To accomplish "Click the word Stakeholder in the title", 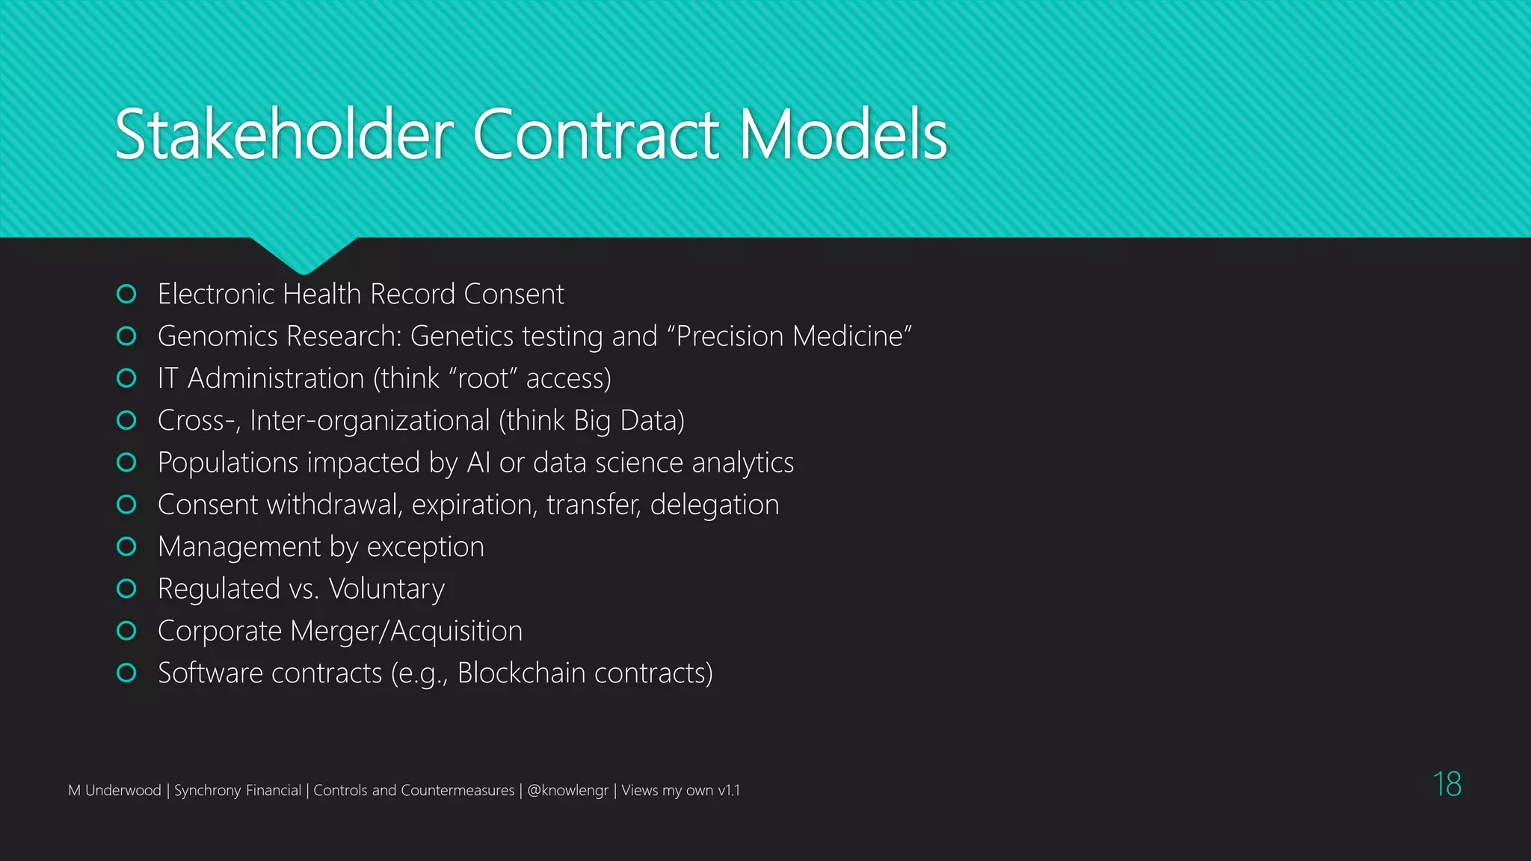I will pos(284,135).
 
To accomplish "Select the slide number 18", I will pos(1447,785).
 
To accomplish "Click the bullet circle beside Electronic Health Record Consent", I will pos(127,294).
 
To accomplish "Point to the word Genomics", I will pos(218,337).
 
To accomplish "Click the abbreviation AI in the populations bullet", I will pos(478,463).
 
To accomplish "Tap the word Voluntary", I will pos(386,590).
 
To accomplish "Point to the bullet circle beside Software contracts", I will pos(127,673).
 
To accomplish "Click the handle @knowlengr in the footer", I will pos(567,791).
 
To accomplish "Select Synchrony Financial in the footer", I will pos(237,791).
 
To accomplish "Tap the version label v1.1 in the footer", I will pos(728,791).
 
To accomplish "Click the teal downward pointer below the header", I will pos(304,254).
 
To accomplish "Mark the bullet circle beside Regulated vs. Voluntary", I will pos(127,589).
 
